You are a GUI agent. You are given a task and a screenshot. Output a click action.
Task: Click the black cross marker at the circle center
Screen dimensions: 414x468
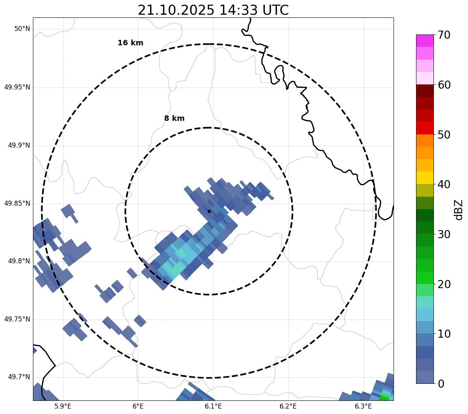(x=209, y=211)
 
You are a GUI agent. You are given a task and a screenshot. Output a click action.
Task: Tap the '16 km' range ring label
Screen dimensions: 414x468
(x=130, y=43)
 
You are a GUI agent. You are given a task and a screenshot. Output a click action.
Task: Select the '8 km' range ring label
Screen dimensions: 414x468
(x=174, y=119)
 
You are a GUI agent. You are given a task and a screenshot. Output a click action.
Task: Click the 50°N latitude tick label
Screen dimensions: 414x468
(x=22, y=29)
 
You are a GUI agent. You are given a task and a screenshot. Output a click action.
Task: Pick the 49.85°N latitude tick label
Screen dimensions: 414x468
(x=17, y=203)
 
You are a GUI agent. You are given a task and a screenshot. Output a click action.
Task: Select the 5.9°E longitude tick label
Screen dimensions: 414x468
(x=63, y=406)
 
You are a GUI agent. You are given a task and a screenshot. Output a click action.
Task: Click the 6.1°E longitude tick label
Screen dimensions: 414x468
(x=213, y=406)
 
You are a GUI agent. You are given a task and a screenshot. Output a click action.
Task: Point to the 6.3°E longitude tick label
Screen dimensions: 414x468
(x=363, y=406)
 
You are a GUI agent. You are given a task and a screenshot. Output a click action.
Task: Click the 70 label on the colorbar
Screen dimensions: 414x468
(x=444, y=35)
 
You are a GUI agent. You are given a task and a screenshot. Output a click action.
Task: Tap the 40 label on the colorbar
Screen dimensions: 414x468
(x=444, y=184)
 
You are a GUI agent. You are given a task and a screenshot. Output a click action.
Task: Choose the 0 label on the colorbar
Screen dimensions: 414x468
(x=441, y=384)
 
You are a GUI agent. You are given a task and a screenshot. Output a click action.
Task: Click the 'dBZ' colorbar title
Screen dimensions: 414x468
(x=459, y=210)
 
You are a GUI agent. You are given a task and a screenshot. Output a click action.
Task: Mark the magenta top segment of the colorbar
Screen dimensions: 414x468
(x=425, y=41)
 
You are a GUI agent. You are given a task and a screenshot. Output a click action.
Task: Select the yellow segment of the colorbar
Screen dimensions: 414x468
(x=425, y=178)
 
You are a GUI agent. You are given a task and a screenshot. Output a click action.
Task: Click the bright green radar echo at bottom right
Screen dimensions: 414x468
(x=384, y=398)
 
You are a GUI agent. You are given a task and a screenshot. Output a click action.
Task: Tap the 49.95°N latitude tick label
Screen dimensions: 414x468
(x=17, y=87)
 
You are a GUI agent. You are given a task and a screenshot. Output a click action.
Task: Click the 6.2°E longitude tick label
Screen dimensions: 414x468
(x=288, y=406)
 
